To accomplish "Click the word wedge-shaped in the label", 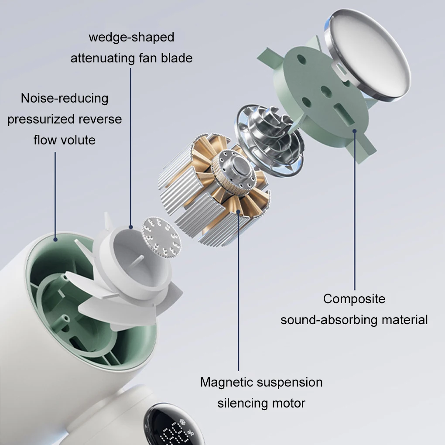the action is [x=131, y=38].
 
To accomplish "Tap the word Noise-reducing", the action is [x=65, y=99].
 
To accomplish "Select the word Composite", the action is [x=354, y=299].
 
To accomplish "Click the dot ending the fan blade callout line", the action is [x=130, y=227].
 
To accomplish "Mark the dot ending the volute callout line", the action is [x=55, y=240].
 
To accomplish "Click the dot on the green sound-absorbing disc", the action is [x=354, y=131].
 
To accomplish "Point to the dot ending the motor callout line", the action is [x=238, y=212].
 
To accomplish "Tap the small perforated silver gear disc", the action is [x=161, y=238].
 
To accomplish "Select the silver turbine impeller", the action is [x=268, y=140].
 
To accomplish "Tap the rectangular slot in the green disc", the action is [x=344, y=114].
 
